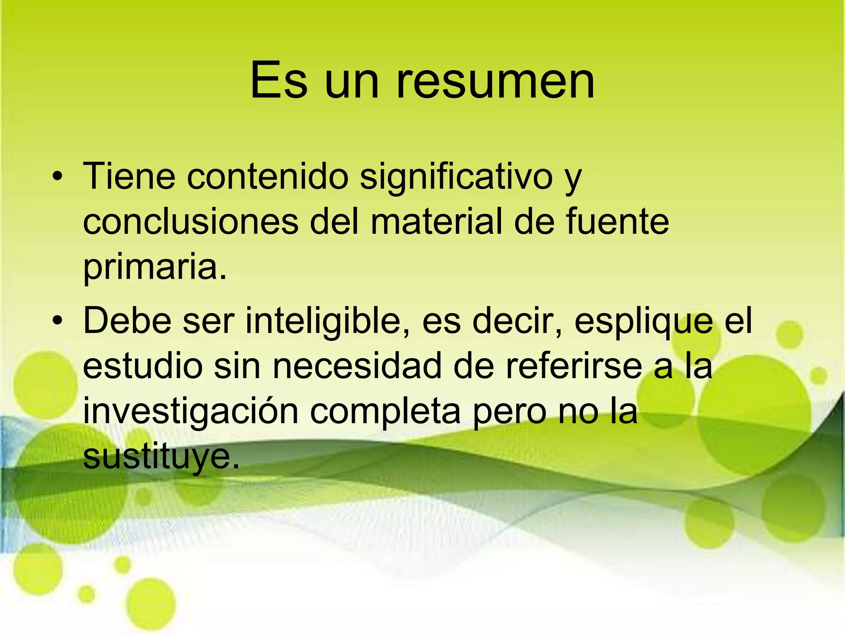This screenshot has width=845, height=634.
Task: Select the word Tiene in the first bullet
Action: [x=129, y=177]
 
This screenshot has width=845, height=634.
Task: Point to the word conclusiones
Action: [x=191, y=222]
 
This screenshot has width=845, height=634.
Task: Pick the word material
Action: [x=437, y=222]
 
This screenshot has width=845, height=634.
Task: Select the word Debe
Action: [x=127, y=321]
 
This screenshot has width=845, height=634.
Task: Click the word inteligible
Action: [x=328, y=321]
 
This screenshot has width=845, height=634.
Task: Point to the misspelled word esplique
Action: [x=644, y=321]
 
